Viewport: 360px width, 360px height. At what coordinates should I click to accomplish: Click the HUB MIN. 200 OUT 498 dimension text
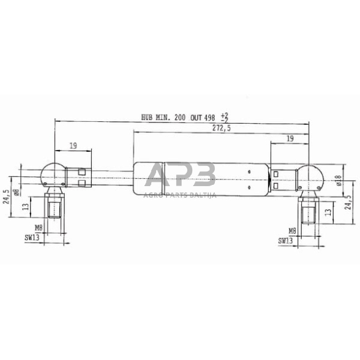(x=184, y=116)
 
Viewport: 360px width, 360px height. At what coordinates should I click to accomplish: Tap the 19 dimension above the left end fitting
(x=73, y=145)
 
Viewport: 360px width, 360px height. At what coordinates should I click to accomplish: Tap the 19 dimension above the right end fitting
(x=290, y=139)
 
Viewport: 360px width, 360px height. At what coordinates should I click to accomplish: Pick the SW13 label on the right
(x=285, y=241)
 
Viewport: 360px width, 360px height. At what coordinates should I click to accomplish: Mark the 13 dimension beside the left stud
(x=25, y=207)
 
